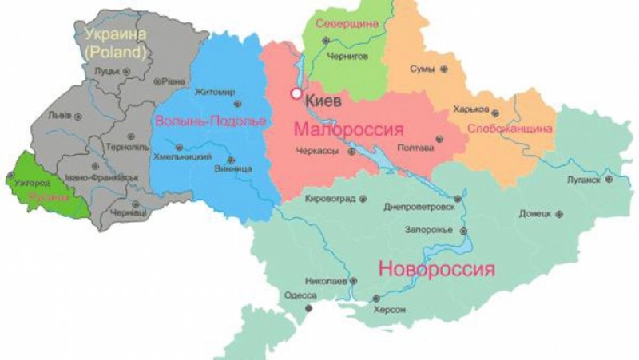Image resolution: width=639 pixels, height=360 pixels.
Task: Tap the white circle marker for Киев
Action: tap(296, 94)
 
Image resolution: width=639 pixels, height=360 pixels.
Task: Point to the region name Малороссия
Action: tap(348, 129)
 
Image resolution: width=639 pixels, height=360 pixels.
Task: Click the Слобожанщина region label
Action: tap(510, 128)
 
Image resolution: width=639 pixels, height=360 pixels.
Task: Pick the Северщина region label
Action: tap(346, 23)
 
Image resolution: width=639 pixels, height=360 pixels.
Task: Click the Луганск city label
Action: tap(583, 180)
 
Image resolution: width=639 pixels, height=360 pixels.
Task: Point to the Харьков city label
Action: tap(470, 109)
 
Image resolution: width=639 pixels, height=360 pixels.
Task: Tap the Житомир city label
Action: tap(215, 93)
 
